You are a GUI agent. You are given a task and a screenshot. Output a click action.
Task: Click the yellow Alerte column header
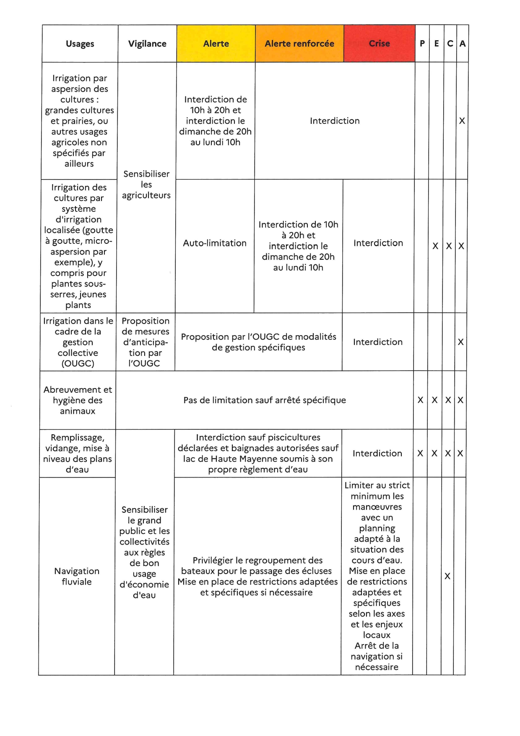[x=216, y=44]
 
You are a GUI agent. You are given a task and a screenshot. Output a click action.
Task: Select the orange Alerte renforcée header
[x=299, y=44]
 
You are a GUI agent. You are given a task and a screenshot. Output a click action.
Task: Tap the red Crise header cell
[x=379, y=44]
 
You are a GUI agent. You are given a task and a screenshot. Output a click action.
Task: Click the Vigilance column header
[x=147, y=44]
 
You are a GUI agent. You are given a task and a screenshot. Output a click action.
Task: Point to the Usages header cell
[x=80, y=44]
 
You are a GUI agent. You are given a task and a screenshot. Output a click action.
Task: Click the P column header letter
[x=422, y=44]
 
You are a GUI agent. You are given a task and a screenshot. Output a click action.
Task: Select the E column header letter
[x=437, y=44]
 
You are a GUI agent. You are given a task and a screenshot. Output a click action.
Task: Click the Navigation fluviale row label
[x=77, y=576]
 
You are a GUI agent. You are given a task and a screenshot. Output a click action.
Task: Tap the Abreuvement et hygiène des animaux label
[x=78, y=400]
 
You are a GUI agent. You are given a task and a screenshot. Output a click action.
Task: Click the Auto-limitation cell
[x=215, y=243]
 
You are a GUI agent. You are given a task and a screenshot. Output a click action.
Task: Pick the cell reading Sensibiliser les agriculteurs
[x=146, y=185]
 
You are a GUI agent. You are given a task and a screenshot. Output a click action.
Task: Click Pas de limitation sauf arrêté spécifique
[x=265, y=400]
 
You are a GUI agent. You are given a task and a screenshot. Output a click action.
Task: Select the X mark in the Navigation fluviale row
[x=447, y=577]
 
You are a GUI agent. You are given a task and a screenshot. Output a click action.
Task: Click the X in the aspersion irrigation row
[x=462, y=121]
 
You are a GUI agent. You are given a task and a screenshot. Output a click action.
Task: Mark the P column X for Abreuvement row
[x=421, y=400]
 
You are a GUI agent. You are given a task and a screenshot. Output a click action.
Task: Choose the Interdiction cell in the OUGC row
[x=378, y=342]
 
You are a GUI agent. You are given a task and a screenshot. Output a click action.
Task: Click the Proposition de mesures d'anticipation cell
[x=145, y=342]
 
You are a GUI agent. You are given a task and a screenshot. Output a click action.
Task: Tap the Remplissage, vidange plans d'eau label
[x=78, y=453]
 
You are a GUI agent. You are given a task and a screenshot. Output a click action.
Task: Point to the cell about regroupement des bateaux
[x=257, y=576]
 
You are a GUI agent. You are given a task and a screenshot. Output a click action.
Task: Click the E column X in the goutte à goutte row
[x=435, y=246]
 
